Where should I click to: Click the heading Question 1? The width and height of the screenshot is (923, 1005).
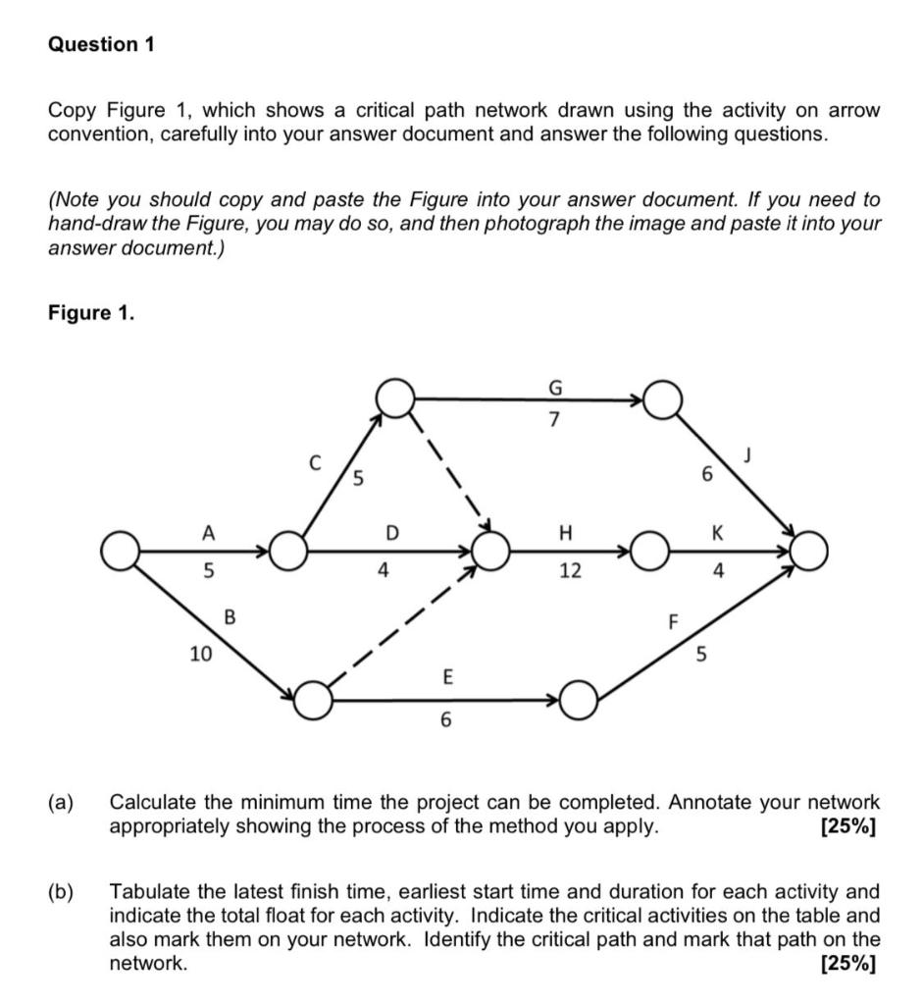coord(102,45)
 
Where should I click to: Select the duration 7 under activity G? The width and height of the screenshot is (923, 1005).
coord(554,421)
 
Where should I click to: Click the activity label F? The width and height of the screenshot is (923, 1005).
coord(673,621)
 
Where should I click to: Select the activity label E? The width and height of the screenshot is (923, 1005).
coord(447,677)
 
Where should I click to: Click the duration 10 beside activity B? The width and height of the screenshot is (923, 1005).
coord(200,652)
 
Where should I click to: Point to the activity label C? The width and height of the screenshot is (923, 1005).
coord(314,459)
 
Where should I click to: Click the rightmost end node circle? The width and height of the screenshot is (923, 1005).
coord(811,552)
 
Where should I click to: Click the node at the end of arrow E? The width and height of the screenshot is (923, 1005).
coord(580,701)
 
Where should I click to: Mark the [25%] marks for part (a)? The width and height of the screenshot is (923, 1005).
coord(847,826)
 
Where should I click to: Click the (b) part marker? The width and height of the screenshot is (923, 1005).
coord(62,892)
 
